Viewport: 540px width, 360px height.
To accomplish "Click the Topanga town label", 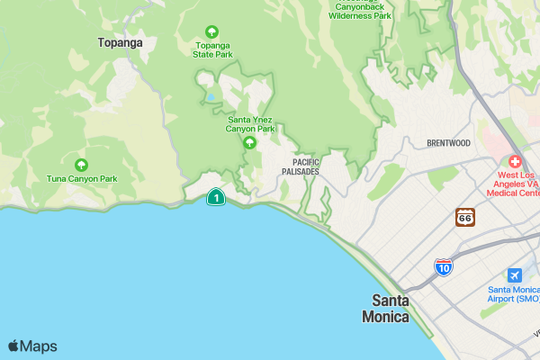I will click(121, 41).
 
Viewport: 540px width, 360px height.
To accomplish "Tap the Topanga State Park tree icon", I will click(212, 31).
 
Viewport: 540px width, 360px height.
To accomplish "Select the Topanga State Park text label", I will click(212, 49).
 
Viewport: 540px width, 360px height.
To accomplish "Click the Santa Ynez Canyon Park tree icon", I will click(251, 141).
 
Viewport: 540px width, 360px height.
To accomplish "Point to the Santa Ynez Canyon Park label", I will click(251, 123).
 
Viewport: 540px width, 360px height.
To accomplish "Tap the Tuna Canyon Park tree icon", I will click(82, 165).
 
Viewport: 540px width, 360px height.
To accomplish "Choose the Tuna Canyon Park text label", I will click(82, 179).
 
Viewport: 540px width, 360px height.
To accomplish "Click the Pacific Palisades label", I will click(300, 166).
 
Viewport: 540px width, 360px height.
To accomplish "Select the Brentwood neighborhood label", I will click(448, 143).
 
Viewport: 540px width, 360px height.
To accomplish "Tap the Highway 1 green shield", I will click(216, 196).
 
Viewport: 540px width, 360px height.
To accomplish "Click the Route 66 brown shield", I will click(464, 217).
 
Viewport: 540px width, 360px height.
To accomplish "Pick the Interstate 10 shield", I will click(443, 266).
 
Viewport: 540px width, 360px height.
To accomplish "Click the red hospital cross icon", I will click(515, 160).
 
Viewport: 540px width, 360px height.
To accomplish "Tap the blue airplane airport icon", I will click(514, 274).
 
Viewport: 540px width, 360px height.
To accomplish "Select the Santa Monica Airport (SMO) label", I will click(513, 294).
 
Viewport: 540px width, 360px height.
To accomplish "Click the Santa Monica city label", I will click(385, 309).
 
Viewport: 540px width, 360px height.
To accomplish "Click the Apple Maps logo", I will click(32, 346).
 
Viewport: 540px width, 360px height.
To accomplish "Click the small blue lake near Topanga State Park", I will click(210, 97).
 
